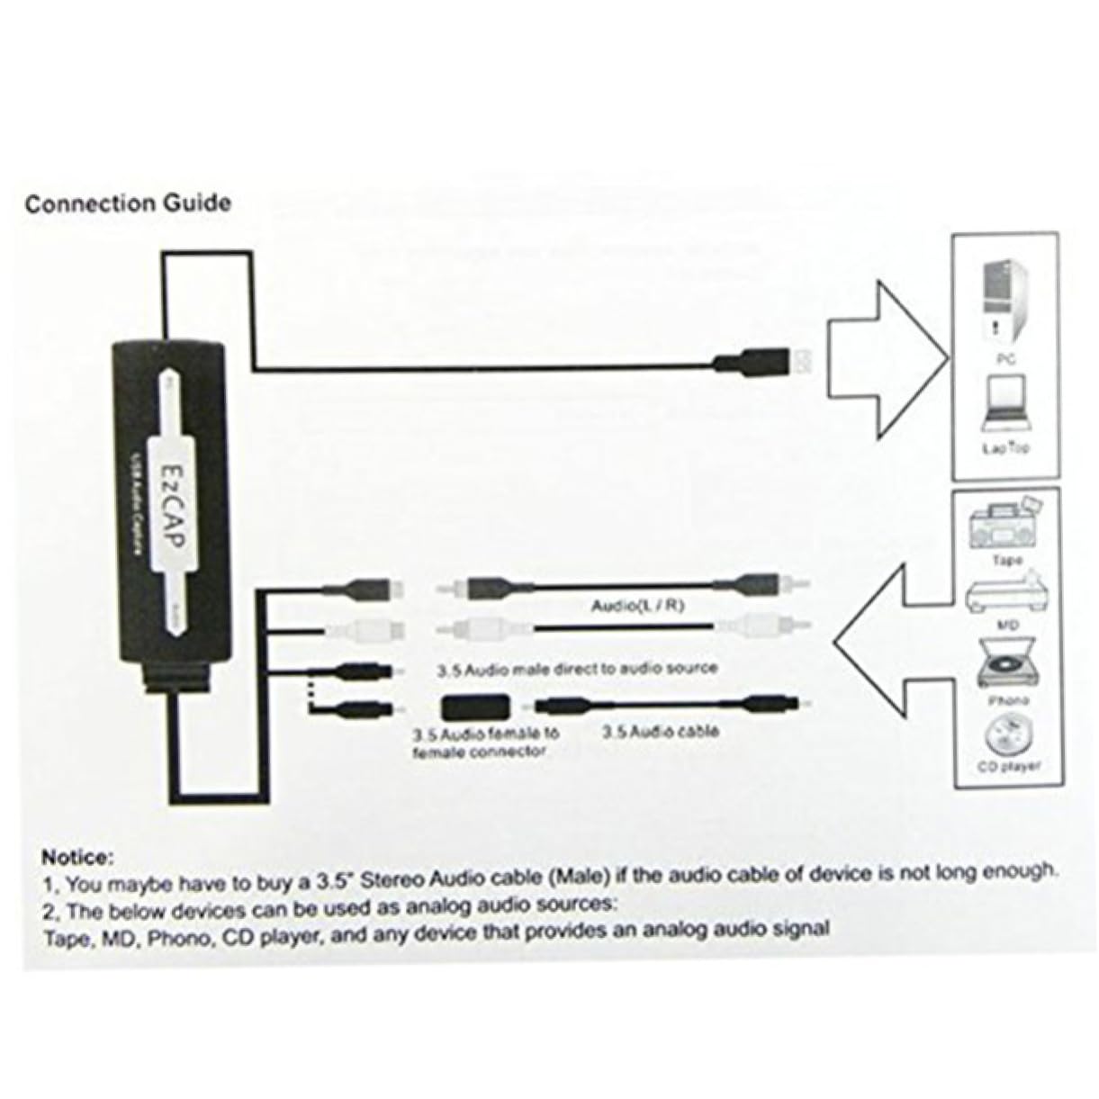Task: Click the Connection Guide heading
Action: (x=128, y=203)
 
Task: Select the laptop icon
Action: (x=1006, y=400)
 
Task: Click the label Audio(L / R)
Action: (x=637, y=606)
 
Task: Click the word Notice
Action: (x=77, y=852)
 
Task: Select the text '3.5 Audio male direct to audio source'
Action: (x=577, y=669)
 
